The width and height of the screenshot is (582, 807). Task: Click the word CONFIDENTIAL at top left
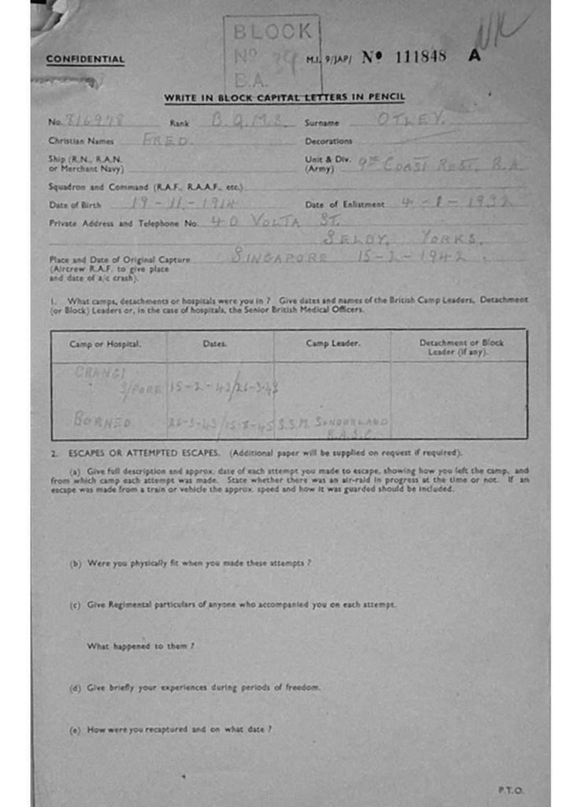[85, 59]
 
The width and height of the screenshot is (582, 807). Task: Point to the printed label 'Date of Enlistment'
[345, 205]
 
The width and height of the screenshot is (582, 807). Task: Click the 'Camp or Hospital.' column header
[105, 344]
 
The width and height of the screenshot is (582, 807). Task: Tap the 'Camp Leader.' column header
[332, 344]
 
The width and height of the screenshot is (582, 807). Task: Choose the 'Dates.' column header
[214, 344]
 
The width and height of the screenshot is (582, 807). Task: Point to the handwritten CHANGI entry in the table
[100, 373]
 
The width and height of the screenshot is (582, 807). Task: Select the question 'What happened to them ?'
[140, 646]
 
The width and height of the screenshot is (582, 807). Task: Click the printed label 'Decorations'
[328, 142]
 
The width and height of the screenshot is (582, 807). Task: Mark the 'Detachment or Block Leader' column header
[461, 347]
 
